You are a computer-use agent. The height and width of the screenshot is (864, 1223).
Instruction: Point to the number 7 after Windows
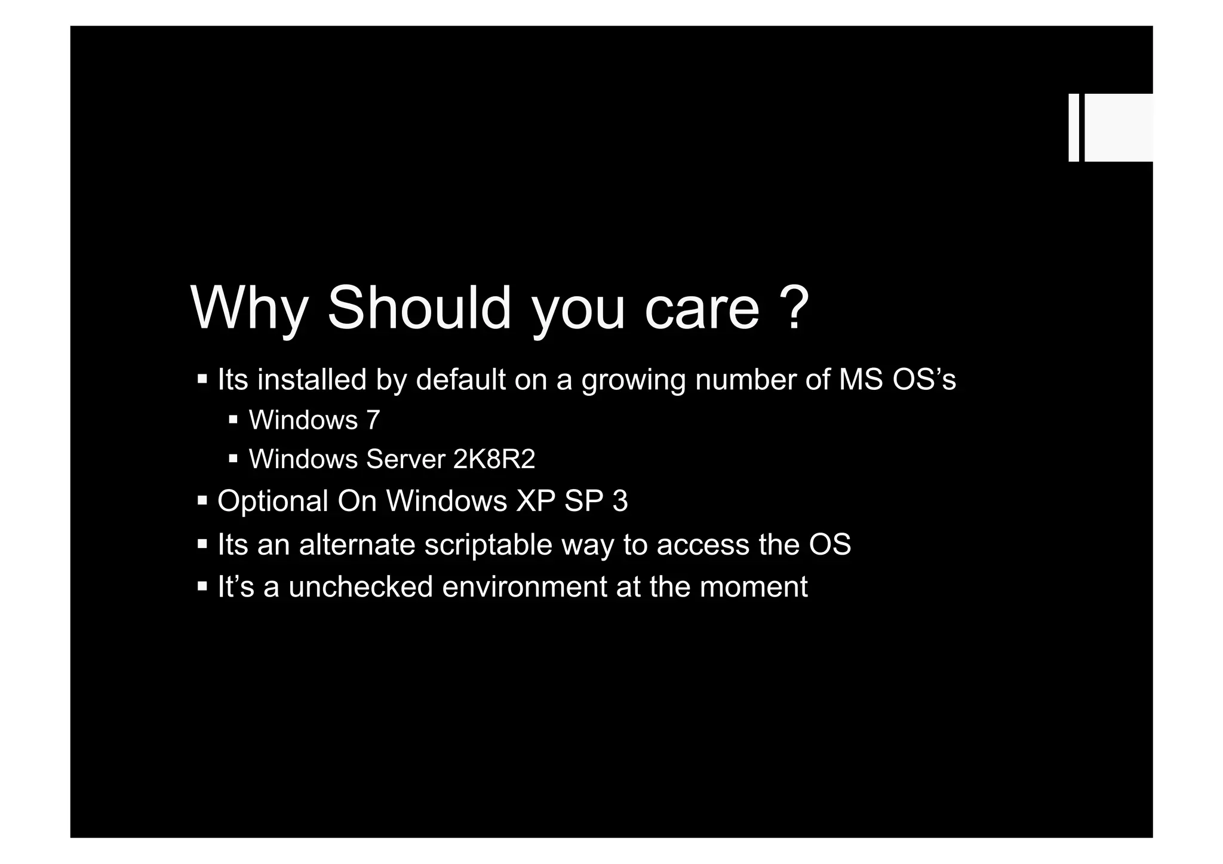(373, 420)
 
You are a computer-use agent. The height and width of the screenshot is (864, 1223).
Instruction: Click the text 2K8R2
(494, 459)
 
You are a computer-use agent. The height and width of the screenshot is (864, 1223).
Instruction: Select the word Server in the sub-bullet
(405, 459)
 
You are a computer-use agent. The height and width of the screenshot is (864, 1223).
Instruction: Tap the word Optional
(273, 502)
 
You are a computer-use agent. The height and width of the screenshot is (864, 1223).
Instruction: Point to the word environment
(524, 586)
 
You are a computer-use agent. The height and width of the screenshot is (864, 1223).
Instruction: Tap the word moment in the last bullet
(754, 586)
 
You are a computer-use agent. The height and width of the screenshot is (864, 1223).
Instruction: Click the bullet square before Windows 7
(233, 420)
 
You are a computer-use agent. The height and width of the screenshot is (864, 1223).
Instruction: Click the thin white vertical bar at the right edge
(1074, 127)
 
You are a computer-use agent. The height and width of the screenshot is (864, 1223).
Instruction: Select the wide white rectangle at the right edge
(1118, 127)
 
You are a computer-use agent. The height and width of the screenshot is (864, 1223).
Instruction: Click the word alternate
(357, 545)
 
